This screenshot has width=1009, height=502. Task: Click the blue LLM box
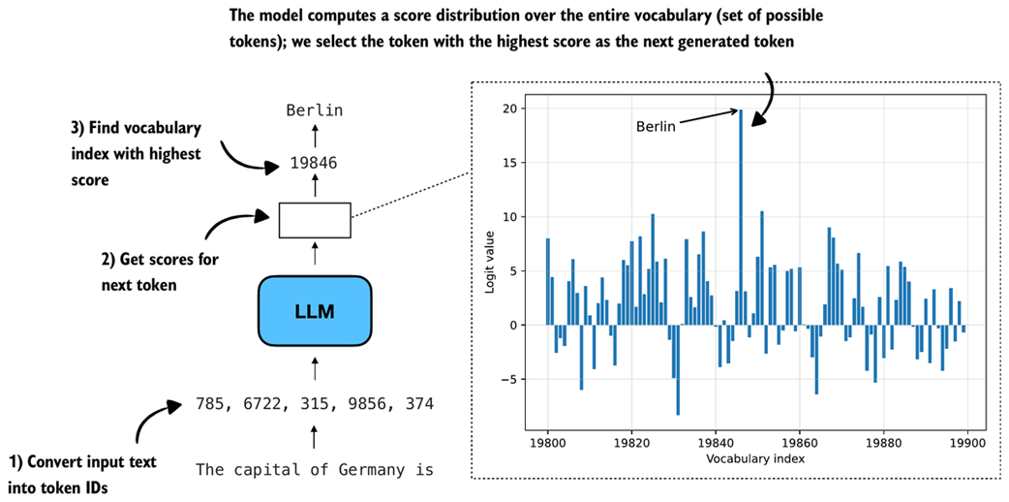(315, 311)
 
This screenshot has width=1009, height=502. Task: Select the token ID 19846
(314, 163)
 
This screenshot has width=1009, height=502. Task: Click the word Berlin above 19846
(315, 110)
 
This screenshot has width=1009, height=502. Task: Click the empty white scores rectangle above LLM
(315, 220)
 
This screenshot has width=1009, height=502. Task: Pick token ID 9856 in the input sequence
(367, 403)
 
